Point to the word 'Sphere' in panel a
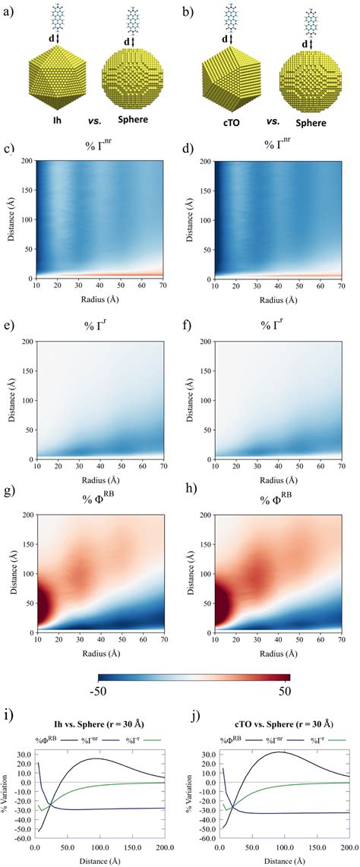click(134, 120)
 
